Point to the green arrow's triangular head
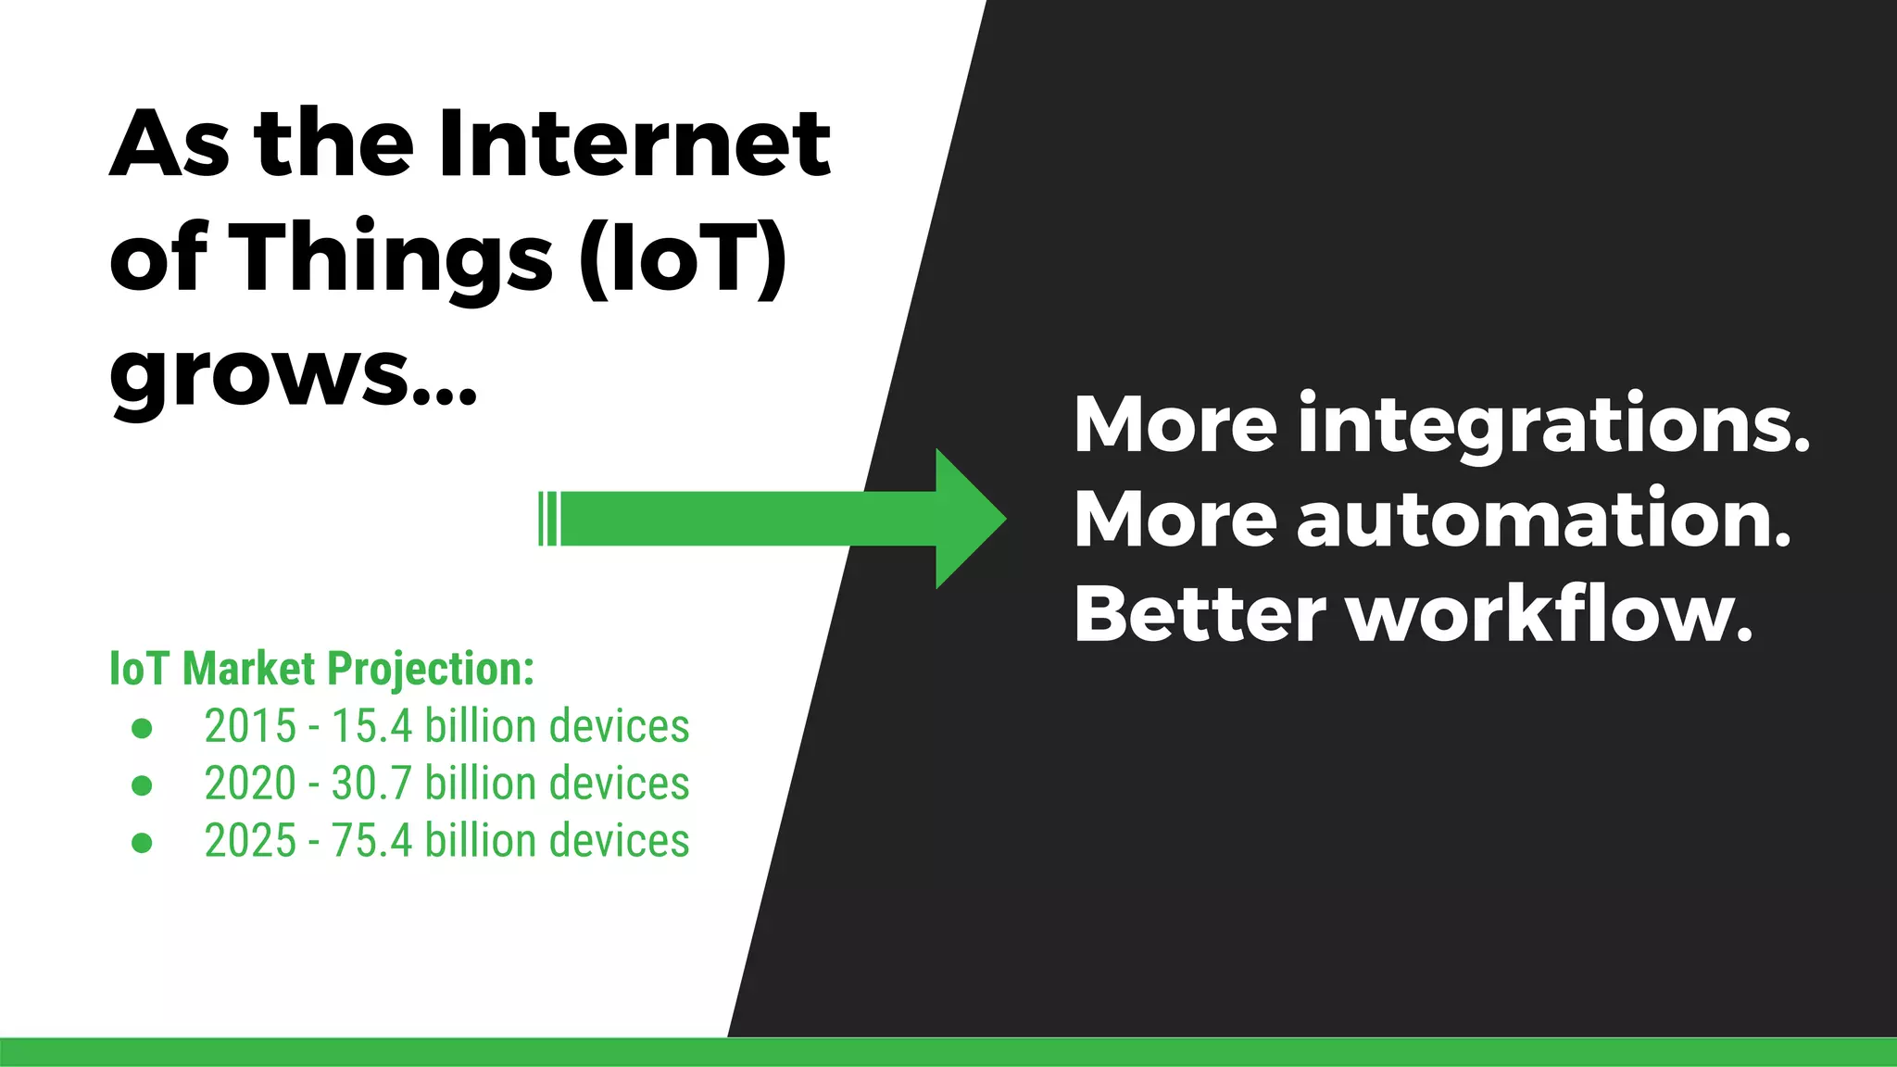[x=968, y=519]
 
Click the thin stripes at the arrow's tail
[x=548, y=519]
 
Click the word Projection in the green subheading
[x=431, y=669]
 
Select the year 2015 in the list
[x=250, y=726]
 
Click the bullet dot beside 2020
[x=142, y=785]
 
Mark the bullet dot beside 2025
[x=142, y=843]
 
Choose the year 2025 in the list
[x=250, y=841]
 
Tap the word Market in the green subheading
[x=249, y=669]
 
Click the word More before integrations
[x=1175, y=424]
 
